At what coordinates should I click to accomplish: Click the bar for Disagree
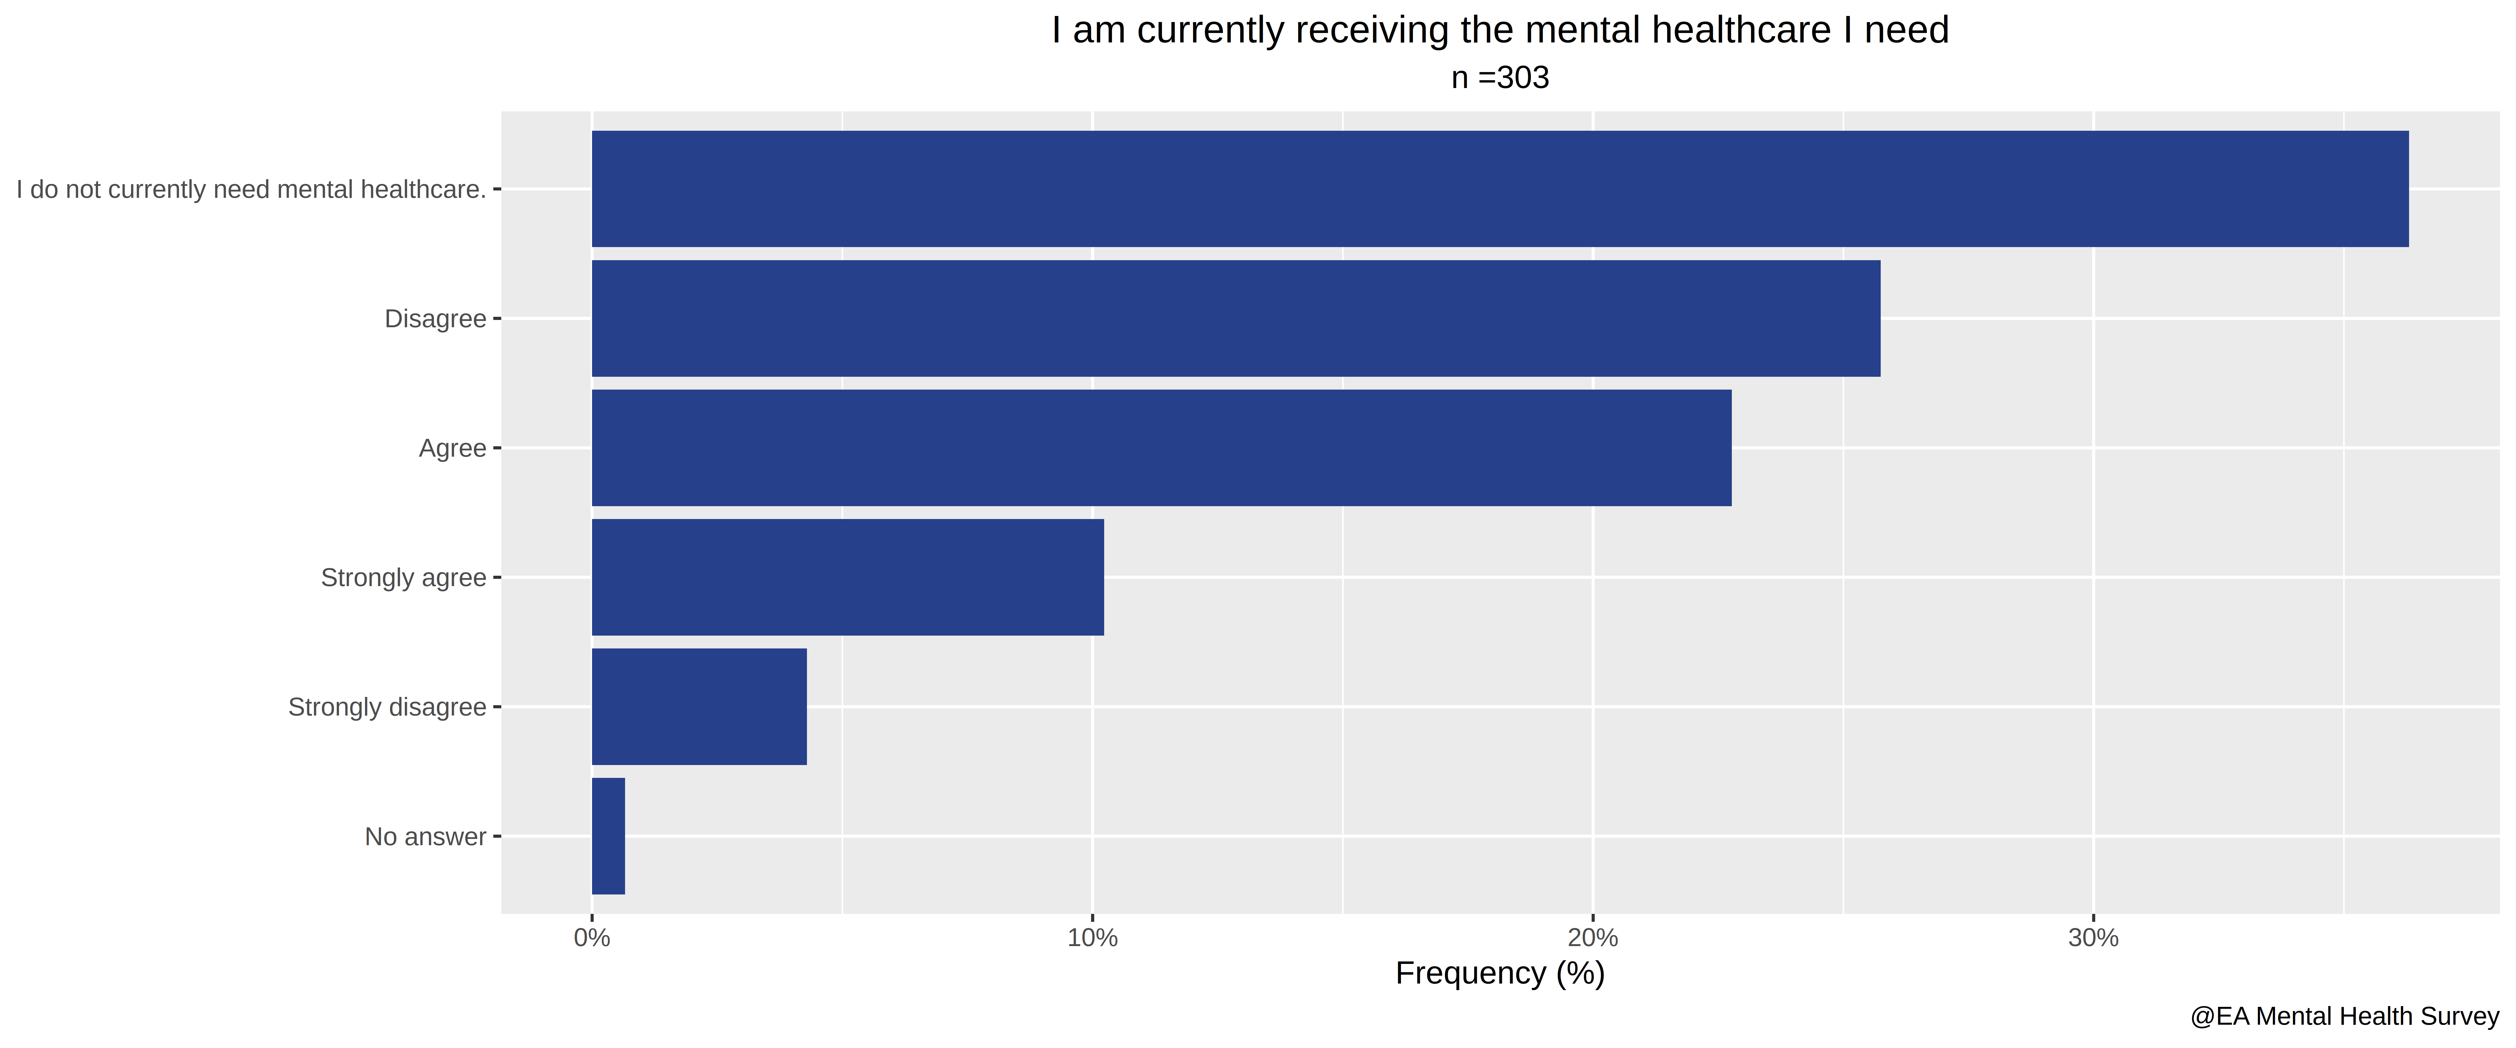1235,318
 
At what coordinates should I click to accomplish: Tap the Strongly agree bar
848,577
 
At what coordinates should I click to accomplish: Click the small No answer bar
609,836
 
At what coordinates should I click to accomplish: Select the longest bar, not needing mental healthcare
1500,188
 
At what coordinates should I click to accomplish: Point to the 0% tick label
592,938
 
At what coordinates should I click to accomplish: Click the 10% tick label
1092,938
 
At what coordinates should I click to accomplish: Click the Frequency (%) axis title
1500,974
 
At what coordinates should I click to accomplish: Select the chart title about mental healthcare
1500,30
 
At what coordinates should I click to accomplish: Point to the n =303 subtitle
1500,77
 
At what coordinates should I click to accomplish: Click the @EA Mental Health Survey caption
2344,1017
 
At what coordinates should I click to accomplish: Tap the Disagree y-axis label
436,319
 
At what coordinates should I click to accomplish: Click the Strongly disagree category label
387,707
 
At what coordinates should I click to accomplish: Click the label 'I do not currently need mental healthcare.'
251,189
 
